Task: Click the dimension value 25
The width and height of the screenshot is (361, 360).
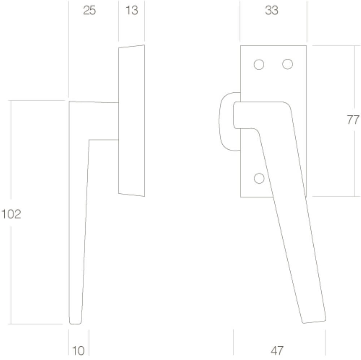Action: (90, 11)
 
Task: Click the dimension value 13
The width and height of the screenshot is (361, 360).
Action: (132, 11)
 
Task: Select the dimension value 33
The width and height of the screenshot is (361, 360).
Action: (272, 11)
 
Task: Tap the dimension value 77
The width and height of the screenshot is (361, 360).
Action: (353, 120)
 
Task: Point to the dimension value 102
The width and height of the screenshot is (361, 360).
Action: (11, 214)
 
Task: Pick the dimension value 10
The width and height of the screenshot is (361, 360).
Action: (78, 350)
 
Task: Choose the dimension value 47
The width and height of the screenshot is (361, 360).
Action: (277, 350)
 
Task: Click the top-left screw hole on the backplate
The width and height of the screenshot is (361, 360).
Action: (259, 65)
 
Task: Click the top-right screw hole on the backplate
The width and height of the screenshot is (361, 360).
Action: (287, 64)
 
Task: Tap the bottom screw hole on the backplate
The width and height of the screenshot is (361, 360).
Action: (259, 178)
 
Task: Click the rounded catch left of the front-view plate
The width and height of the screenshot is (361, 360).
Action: (226, 121)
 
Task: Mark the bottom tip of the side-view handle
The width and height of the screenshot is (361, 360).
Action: (75, 322)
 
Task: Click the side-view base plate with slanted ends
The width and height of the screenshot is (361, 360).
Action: (131, 121)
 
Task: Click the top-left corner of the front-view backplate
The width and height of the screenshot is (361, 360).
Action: (241, 46)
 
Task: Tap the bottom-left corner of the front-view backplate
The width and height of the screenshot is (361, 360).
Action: (241, 197)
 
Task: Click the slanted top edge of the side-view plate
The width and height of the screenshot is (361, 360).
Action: (131, 47)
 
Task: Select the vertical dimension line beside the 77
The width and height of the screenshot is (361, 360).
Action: (353, 162)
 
